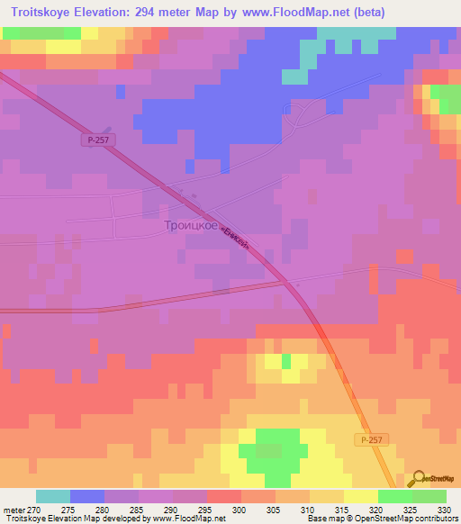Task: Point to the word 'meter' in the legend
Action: (12, 510)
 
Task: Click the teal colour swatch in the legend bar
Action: (53, 496)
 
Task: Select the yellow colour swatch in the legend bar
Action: (360, 496)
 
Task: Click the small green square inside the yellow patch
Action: (287, 361)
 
